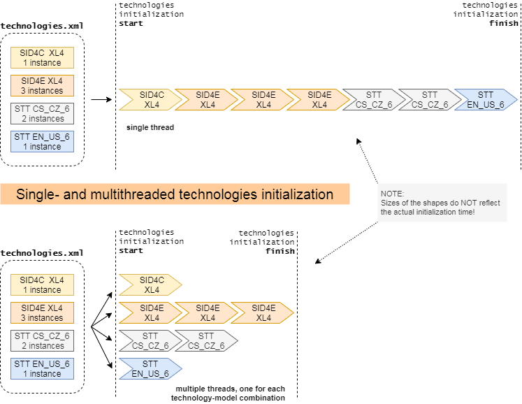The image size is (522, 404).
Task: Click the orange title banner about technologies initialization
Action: click(175, 194)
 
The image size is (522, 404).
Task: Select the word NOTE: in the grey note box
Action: click(392, 194)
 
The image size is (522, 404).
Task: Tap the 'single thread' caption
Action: click(150, 128)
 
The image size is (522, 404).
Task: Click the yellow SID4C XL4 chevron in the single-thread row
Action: click(150, 99)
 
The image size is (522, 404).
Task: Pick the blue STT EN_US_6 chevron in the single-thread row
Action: click(486, 99)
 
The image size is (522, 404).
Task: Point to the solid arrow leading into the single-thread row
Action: click(101, 99)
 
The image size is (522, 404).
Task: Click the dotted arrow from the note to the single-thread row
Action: click(367, 161)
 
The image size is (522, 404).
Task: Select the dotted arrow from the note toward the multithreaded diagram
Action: click(347, 243)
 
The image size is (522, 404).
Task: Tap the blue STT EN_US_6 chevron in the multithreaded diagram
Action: click(150, 368)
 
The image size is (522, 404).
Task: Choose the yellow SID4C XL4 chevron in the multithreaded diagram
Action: click(150, 284)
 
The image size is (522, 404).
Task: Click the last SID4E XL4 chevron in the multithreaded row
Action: click(262, 312)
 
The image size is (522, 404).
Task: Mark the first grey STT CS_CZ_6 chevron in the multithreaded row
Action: click(150, 340)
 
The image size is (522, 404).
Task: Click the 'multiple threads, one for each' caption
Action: click(230, 389)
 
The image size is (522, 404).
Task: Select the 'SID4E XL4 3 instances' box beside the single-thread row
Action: click(43, 85)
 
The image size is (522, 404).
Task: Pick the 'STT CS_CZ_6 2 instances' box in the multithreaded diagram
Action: click(43, 340)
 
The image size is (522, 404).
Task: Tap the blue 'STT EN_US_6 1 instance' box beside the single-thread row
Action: click(43, 142)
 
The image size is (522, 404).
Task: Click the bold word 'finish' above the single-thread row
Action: click(504, 23)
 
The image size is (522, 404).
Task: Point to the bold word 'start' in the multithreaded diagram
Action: click(131, 250)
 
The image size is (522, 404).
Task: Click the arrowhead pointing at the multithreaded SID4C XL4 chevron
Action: click(110, 295)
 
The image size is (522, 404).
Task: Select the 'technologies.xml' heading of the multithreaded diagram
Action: click(42, 253)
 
